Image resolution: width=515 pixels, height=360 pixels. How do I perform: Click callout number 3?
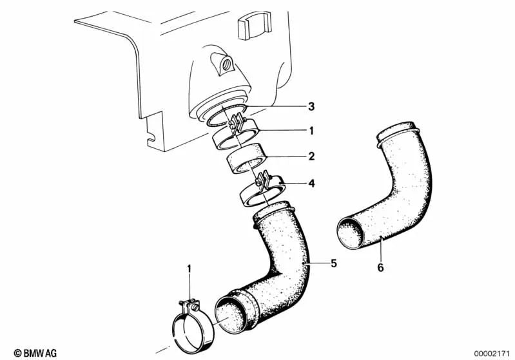pos(311,106)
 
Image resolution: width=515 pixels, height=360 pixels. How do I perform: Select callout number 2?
pos(311,156)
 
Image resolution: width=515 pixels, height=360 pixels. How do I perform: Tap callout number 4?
pos(311,184)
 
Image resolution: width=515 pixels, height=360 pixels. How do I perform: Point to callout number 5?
pos(333,263)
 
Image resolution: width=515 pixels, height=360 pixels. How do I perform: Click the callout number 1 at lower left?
pos(189,267)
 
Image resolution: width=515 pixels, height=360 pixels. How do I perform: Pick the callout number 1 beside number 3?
pos(311,131)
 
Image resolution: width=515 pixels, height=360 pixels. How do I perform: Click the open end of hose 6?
pos(352,232)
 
